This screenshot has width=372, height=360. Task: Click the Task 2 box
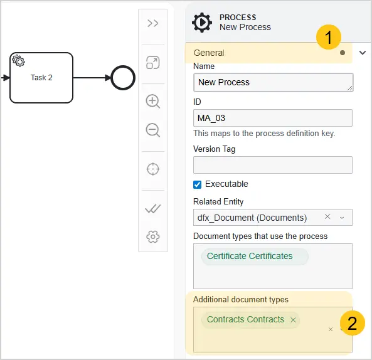41,78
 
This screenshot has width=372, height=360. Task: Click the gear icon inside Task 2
18,61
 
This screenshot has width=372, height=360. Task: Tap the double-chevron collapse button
153,23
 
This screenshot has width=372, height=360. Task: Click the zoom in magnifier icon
153,101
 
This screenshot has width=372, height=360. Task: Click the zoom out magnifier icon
153,130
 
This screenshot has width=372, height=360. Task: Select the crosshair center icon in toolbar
153,169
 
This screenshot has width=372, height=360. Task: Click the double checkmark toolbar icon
153,208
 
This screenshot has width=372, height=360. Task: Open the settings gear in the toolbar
153,236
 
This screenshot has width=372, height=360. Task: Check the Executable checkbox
197,184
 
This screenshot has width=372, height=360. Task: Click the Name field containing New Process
273,82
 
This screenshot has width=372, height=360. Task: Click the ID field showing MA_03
273,118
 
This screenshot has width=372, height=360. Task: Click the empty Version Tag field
273,165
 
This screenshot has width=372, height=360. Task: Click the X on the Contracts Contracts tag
293,320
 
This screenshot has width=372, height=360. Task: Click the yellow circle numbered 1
329,37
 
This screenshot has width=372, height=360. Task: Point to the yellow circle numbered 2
353,323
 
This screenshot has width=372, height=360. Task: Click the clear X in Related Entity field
327,216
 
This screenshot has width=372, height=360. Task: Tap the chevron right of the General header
363,53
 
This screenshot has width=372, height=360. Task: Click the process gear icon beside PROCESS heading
202,23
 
